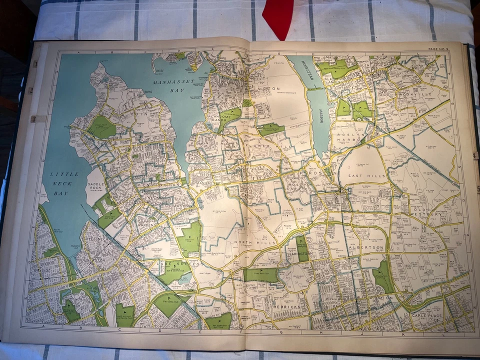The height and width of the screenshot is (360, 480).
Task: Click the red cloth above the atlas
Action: click(277, 17)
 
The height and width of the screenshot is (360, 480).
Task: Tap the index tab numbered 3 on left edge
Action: click(33, 119)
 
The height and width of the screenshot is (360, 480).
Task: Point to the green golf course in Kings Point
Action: click(102, 128)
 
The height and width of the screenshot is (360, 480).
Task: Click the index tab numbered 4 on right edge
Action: click(474, 156)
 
